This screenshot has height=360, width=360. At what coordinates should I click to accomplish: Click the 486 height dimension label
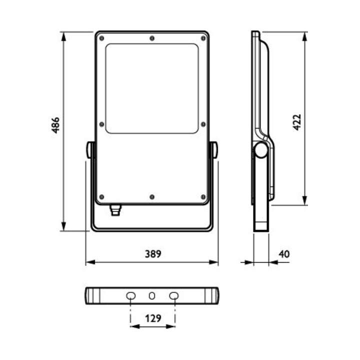(55, 125)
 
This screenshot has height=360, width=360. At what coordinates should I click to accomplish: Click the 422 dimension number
(297, 122)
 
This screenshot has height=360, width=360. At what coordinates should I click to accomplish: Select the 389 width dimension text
(153, 254)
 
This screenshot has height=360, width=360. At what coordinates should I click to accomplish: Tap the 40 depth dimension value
(284, 254)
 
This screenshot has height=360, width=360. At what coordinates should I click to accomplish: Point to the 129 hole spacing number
(153, 318)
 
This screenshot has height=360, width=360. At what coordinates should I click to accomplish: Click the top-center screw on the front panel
(152, 38)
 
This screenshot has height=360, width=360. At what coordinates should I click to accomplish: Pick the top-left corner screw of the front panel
(101, 38)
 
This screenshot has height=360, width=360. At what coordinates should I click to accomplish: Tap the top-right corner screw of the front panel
(203, 38)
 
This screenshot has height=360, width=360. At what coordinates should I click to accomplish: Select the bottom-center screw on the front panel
(152, 197)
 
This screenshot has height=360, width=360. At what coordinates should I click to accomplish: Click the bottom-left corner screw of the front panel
(101, 197)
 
